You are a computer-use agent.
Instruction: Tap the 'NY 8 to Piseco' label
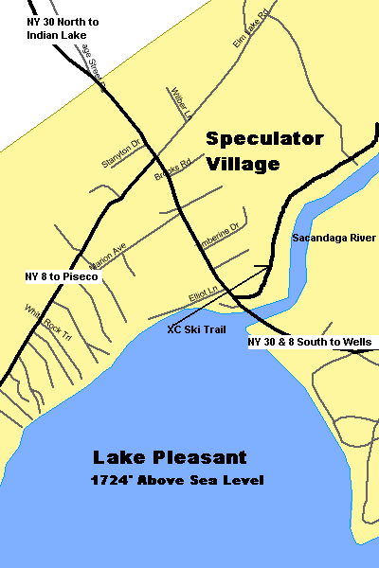coord(68,276)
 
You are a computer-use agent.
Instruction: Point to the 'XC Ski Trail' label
coord(196,329)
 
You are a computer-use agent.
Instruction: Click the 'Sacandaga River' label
coord(334,237)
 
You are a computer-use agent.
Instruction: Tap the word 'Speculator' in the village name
coord(265,138)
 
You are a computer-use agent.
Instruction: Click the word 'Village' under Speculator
coord(245,163)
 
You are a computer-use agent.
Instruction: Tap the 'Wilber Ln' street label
coord(181,102)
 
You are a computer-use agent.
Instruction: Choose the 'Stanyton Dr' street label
coord(120,154)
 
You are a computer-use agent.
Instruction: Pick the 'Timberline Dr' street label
coord(218,235)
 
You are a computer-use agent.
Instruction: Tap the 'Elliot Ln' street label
coord(204,297)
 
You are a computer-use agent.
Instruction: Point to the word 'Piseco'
coord(93,276)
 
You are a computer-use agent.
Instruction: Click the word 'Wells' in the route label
coord(357,342)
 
